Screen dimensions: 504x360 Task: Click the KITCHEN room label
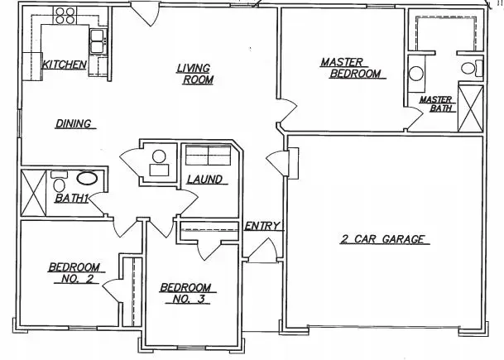(x=65, y=65)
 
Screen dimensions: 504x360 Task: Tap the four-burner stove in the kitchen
(x=65, y=16)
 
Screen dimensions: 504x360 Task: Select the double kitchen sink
(x=97, y=41)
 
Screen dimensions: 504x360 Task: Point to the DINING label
(x=74, y=124)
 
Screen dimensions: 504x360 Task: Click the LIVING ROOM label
(x=195, y=74)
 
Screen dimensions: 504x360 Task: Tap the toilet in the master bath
(x=472, y=68)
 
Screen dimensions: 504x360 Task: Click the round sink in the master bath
(x=416, y=74)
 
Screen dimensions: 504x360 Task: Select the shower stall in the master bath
(x=470, y=108)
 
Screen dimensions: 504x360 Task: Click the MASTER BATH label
(x=437, y=104)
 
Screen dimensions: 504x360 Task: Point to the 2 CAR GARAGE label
(x=382, y=239)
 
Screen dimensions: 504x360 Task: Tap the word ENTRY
(x=262, y=226)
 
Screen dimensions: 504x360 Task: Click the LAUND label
(x=204, y=180)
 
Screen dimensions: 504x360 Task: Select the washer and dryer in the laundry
(x=209, y=156)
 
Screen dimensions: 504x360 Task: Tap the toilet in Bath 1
(x=59, y=181)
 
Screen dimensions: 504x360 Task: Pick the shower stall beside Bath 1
(x=33, y=193)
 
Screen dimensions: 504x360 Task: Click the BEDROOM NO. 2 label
(x=74, y=273)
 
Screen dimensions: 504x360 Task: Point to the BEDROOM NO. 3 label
(x=186, y=293)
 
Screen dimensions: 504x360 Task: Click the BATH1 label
(x=71, y=199)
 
